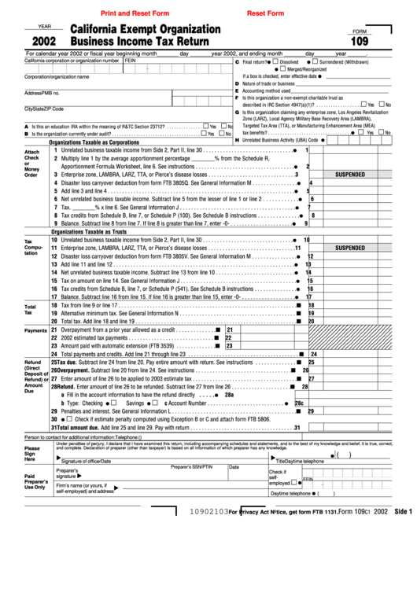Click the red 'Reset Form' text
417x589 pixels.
click(266, 13)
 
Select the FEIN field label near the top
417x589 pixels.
click(131, 60)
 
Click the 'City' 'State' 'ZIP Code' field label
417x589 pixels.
click(44, 109)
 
